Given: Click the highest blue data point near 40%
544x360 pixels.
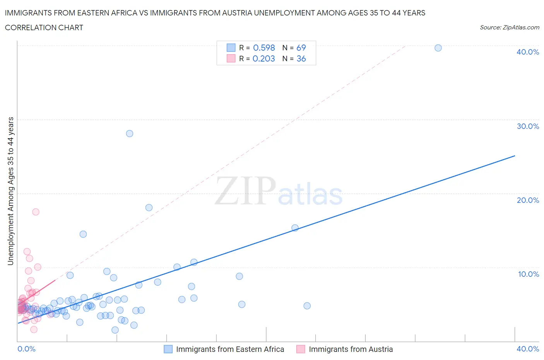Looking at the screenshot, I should (x=438, y=48).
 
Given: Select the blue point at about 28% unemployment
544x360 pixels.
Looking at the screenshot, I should (x=130, y=134).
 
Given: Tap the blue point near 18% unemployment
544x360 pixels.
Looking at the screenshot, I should (x=149, y=207).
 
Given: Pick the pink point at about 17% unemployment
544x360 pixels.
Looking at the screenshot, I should (x=36, y=212).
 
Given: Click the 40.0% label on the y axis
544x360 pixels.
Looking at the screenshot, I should (x=528, y=52).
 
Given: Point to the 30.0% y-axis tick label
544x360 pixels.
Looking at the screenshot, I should (x=528, y=126).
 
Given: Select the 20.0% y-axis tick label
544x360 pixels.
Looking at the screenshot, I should (x=528, y=200).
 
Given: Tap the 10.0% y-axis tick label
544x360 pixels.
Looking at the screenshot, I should (x=528, y=274).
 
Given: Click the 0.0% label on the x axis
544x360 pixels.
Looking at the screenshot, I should (x=26, y=349).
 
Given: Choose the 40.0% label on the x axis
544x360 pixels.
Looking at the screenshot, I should (x=528, y=349).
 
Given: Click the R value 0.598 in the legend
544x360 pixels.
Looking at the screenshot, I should (x=264, y=48).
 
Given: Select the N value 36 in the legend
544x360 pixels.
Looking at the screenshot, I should (x=301, y=58).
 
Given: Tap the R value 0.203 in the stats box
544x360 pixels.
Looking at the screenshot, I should (x=264, y=58).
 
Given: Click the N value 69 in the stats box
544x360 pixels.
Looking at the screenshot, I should (x=301, y=48).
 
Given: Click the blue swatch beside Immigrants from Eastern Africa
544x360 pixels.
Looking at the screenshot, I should (x=168, y=349).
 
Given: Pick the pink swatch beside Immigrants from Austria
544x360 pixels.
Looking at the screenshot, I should (x=301, y=349).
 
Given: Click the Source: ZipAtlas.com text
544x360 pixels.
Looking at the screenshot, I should (x=509, y=27).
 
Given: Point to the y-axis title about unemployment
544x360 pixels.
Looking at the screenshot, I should (x=10, y=191).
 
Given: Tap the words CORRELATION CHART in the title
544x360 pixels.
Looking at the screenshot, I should (x=44, y=27).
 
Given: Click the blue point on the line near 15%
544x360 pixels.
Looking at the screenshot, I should (x=295, y=228).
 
